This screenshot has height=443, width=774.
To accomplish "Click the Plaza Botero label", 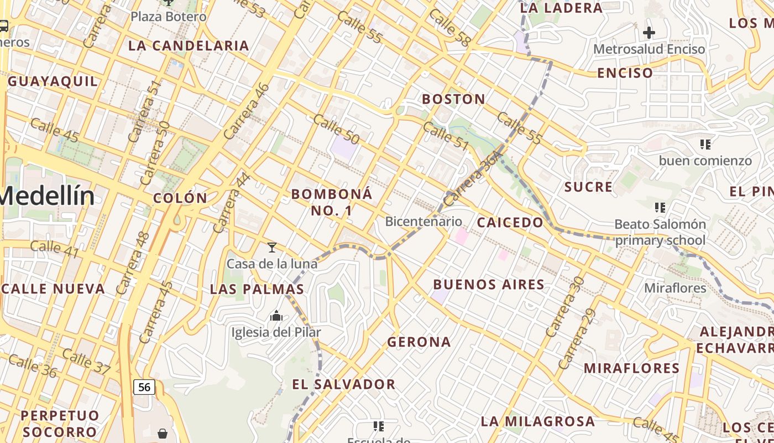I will pyautogui.click(x=169, y=16).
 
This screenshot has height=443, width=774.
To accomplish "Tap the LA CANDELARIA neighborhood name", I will pyautogui.click(x=189, y=45).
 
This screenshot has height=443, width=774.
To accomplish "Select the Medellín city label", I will pyautogui.click(x=47, y=196).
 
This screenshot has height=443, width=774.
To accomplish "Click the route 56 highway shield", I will pyautogui.click(x=144, y=387).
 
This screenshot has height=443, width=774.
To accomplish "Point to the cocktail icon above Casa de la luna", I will pyautogui.click(x=271, y=247).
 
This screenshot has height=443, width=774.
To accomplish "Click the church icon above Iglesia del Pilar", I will pyautogui.click(x=276, y=316).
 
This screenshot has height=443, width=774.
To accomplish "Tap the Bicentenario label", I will pyautogui.click(x=423, y=221).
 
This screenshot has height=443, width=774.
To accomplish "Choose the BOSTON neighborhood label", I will pyautogui.click(x=454, y=99).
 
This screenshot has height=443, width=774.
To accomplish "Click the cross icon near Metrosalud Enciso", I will pyautogui.click(x=649, y=33).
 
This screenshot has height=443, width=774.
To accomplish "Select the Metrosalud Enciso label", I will pyautogui.click(x=649, y=49).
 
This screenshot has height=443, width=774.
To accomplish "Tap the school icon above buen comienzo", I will pyautogui.click(x=705, y=145).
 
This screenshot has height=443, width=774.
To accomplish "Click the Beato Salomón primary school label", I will pyautogui.click(x=660, y=233).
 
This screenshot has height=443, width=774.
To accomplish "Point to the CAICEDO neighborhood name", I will pyautogui.click(x=510, y=223).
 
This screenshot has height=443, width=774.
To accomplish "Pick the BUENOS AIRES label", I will pyautogui.click(x=489, y=285).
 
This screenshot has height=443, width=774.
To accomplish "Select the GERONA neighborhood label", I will pyautogui.click(x=419, y=342).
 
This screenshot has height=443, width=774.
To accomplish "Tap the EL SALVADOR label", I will pyautogui.click(x=343, y=384).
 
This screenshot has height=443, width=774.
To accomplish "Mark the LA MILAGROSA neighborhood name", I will pyautogui.click(x=537, y=421).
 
